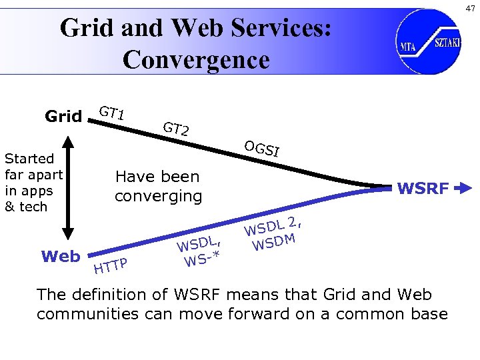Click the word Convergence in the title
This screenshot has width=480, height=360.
(x=196, y=59)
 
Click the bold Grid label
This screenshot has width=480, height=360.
(x=63, y=117)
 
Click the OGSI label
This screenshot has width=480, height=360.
(x=261, y=149)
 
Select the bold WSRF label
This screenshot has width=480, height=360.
(x=423, y=189)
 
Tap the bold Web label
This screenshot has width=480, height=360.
(x=61, y=256)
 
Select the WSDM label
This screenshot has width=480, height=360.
(x=273, y=241)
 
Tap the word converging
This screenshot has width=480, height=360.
(x=158, y=196)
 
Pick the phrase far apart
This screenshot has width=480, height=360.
(x=33, y=175)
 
